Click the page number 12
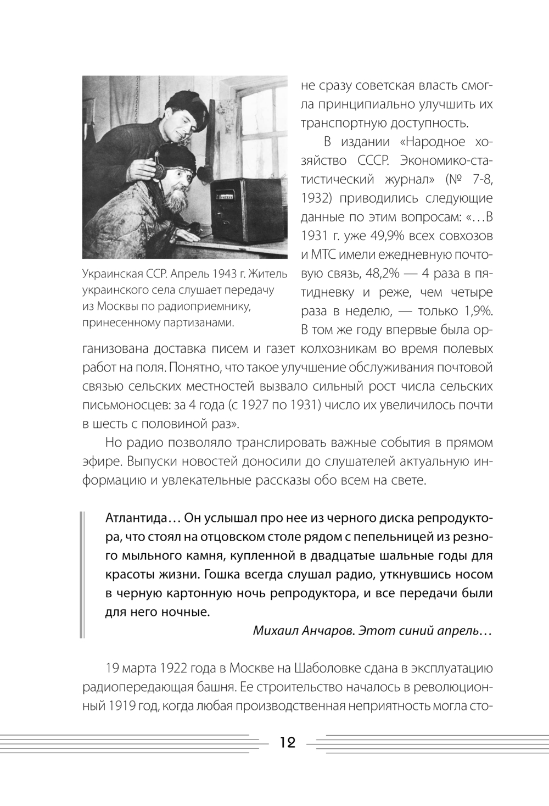click(288, 743)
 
